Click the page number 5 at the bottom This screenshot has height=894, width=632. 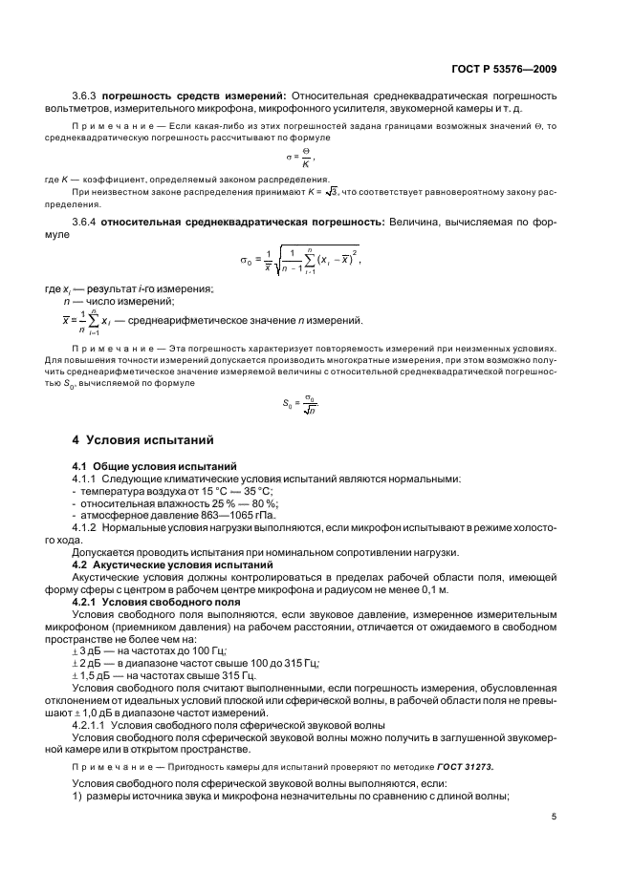(x=555, y=816)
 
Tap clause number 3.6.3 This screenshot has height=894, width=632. (x=84, y=96)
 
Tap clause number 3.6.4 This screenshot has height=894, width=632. (x=84, y=221)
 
